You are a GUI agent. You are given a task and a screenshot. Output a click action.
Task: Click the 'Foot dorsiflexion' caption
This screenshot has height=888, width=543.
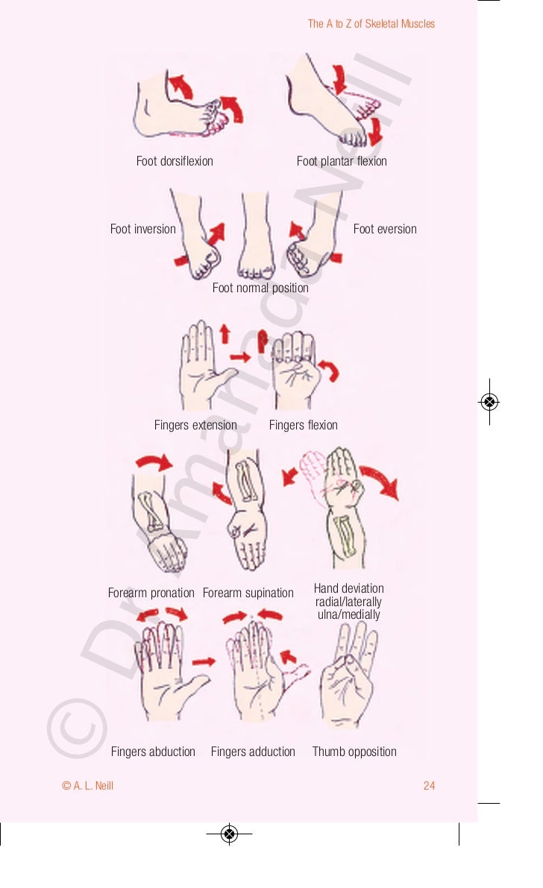click(x=175, y=161)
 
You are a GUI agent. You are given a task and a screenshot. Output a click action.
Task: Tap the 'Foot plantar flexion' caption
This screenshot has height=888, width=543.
click(x=342, y=161)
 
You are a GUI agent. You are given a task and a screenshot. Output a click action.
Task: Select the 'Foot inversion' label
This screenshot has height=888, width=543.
click(x=142, y=229)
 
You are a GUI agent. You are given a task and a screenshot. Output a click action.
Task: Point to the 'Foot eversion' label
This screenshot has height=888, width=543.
click(x=385, y=229)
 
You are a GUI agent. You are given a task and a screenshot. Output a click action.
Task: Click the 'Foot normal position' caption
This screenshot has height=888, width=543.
click(x=260, y=288)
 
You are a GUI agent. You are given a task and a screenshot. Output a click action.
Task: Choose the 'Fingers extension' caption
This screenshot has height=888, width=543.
click(x=195, y=425)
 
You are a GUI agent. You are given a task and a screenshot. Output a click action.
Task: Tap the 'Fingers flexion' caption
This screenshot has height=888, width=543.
click(x=303, y=425)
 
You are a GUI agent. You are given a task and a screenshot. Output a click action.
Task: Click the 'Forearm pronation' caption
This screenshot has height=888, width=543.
click(x=151, y=593)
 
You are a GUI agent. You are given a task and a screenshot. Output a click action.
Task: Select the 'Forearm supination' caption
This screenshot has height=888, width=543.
click(x=248, y=593)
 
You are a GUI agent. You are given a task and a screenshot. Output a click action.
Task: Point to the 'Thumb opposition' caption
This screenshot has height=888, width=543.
click(x=354, y=752)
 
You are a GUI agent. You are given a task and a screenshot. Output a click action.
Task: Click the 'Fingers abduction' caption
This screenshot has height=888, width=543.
click(x=153, y=752)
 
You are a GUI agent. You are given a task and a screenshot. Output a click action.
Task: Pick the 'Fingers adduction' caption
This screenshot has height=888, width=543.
click(x=253, y=752)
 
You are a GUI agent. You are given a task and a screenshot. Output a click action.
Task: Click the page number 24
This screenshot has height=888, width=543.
click(x=429, y=786)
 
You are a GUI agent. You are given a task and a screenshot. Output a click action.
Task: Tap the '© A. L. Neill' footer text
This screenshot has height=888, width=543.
click(x=88, y=786)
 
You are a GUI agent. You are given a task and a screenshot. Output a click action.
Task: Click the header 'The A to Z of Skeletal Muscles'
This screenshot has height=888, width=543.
click(x=371, y=24)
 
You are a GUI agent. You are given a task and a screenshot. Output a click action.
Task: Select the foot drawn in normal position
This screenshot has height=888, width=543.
click(x=256, y=239)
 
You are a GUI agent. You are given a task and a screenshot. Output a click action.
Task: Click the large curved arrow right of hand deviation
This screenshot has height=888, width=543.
click(x=380, y=481)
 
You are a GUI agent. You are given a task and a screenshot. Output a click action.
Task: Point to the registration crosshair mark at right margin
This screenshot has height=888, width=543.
click(x=489, y=402)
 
